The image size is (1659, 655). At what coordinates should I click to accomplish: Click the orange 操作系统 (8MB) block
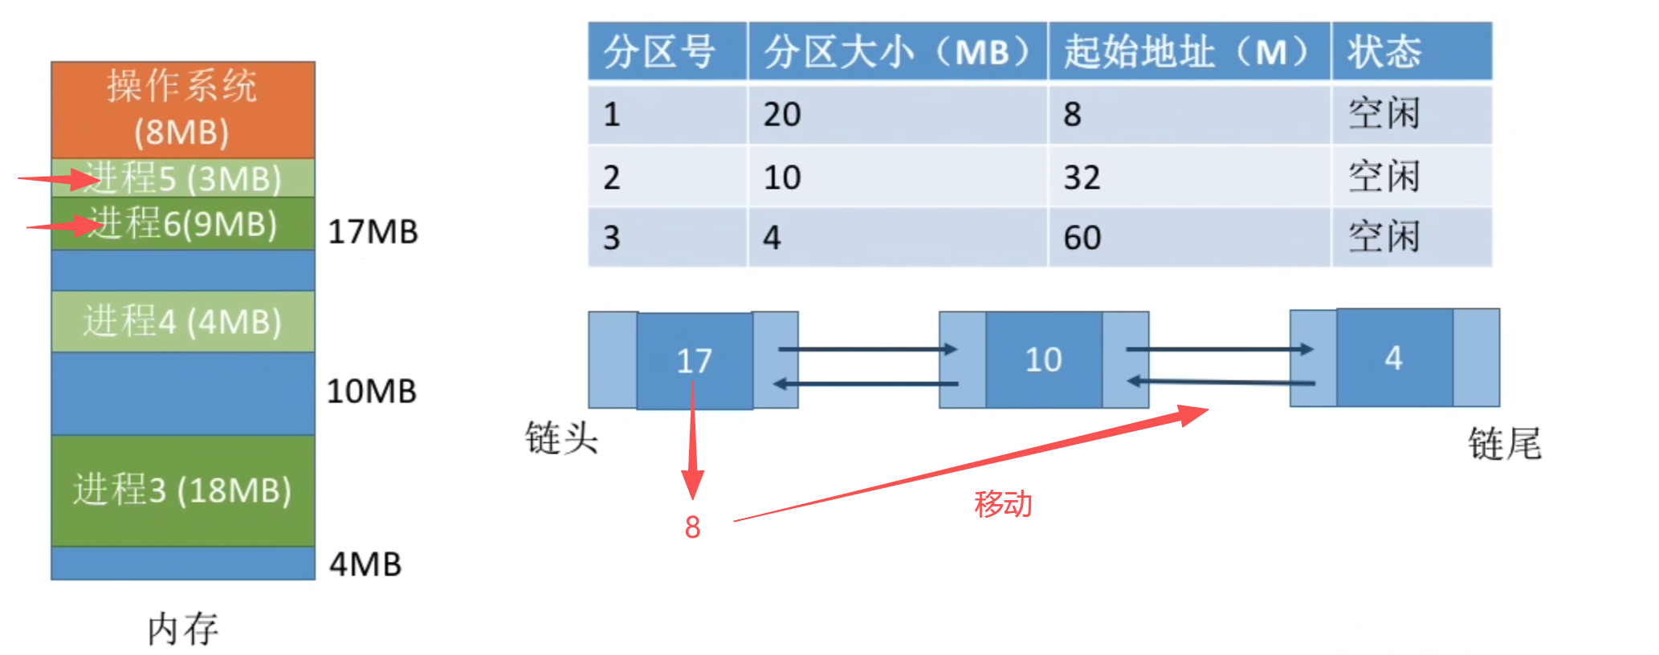pos(182,109)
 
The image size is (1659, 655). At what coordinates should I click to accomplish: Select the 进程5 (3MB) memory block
pos(183,178)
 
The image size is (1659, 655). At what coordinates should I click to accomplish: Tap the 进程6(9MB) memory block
pos(183,224)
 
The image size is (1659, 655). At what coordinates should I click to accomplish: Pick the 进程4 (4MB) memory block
pos(183,322)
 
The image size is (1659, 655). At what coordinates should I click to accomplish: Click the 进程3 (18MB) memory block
pos(183,490)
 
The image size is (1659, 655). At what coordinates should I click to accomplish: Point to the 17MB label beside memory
pos(373,232)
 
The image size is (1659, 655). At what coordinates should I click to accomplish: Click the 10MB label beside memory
pos(371,392)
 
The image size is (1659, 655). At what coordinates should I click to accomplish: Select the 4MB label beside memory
pos(365,564)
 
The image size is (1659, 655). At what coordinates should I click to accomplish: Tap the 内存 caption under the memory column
pos(183,629)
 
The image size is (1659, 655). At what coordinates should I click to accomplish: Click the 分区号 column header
pos(659,52)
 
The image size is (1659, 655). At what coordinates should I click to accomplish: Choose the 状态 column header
pos(1384,52)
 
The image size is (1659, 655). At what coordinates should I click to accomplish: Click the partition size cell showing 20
pos(782,114)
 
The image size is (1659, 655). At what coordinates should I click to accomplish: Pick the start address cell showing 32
pos(1082,177)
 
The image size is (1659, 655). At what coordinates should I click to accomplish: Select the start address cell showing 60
pos(1082,238)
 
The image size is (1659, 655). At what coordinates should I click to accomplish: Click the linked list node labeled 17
pos(695,361)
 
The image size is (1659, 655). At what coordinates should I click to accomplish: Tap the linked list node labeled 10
pos(1043,360)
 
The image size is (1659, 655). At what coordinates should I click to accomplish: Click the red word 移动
pos(1003,504)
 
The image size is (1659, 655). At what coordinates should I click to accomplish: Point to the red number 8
pos(692,527)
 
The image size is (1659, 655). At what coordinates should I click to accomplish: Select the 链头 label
pos(561,439)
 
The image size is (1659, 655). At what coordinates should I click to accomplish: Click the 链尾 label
pos(1504,444)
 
